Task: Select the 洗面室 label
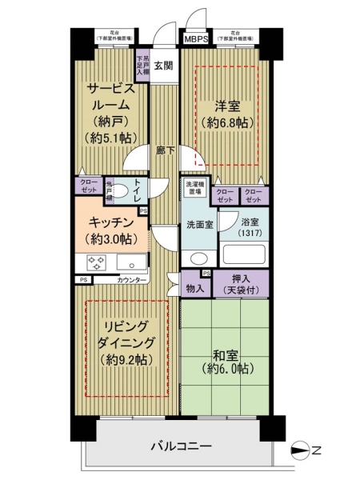tap(199, 225)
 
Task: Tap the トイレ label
tap(138, 192)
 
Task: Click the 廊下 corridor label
tap(166, 150)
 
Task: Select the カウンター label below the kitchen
tap(132, 280)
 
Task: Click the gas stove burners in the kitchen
tap(97, 262)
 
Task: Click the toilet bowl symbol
tap(117, 191)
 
